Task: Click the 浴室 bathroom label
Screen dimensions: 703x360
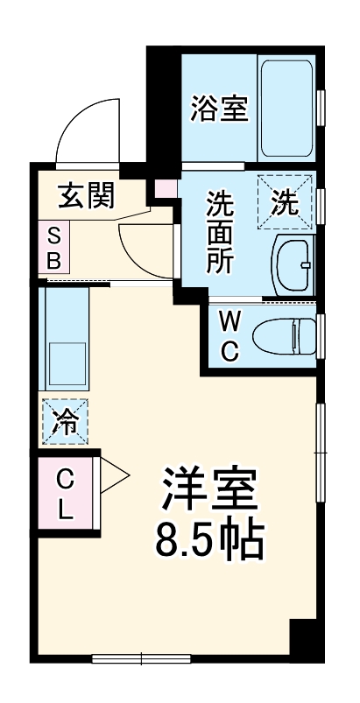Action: coord(220,109)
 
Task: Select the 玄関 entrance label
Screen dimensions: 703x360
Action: coord(87,195)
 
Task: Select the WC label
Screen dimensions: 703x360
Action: coord(228,335)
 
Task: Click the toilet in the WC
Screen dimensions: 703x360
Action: coord(285,335)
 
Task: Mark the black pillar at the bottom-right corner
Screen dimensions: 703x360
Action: coord(303,636)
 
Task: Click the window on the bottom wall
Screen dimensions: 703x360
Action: coord(141,657)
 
